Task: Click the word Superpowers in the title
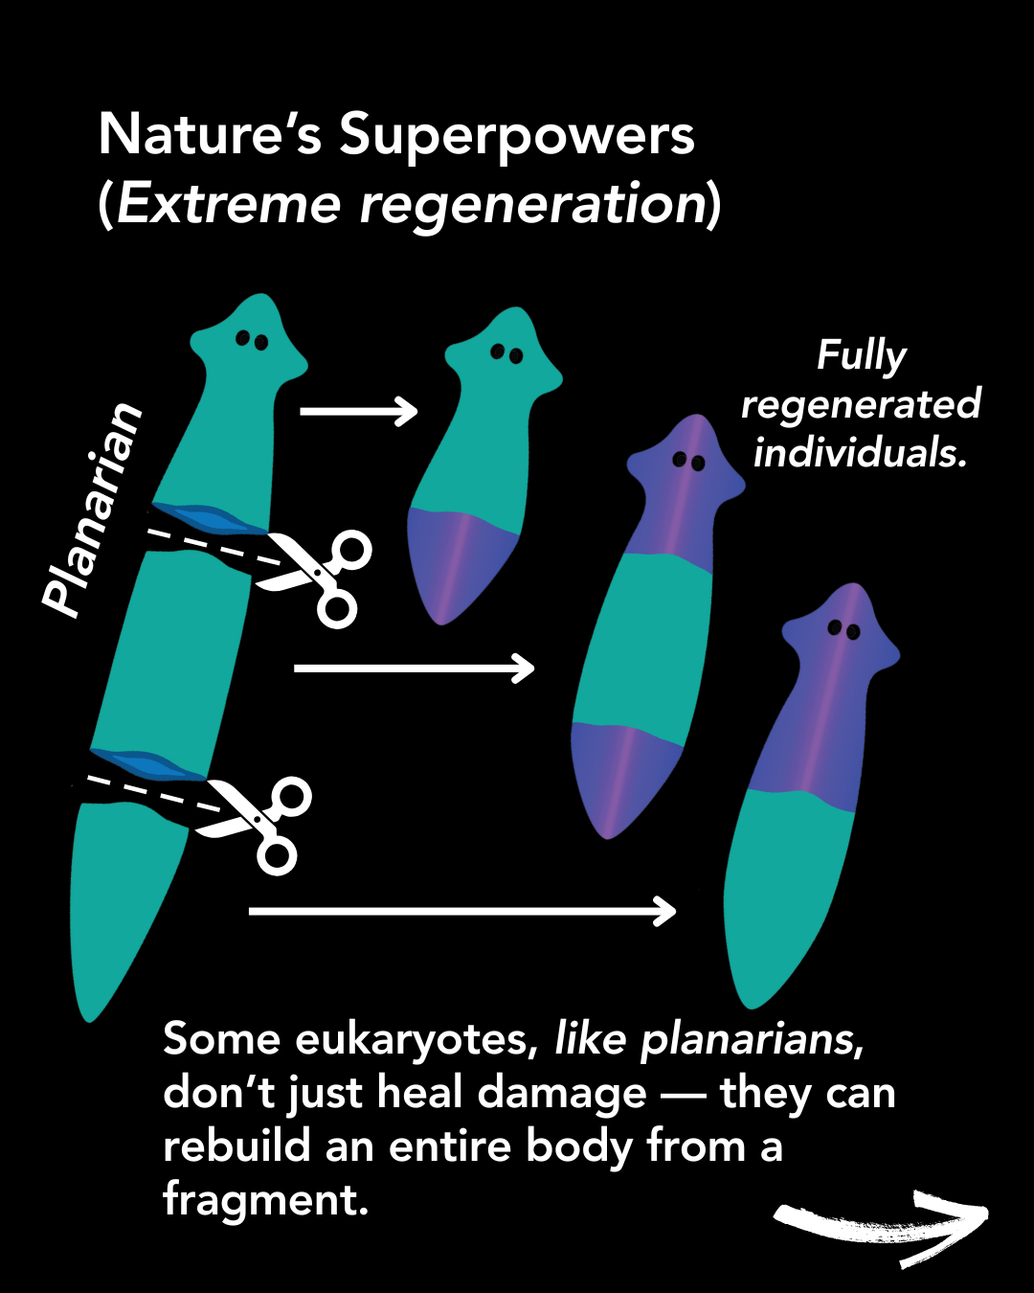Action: point(516,136)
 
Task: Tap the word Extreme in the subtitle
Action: point(229,205)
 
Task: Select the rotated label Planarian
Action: point(94,509)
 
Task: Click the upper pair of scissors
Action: point(321,576)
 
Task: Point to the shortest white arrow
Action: point(359,412)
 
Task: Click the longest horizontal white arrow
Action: point(462,911)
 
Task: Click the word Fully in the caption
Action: point(861,355)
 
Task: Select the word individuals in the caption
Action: point(859,452)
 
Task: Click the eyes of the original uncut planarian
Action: point(252,340)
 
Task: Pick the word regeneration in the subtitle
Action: point(532,205)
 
